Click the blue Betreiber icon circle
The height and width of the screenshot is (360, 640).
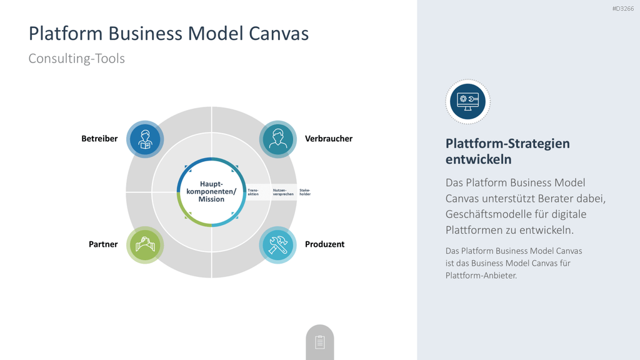(145, 139)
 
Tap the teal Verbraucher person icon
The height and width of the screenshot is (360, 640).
(278, 139)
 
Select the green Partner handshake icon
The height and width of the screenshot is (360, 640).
(145, 245)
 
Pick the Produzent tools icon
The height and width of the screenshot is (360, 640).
(278, 245)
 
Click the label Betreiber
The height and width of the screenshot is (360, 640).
(99, 139)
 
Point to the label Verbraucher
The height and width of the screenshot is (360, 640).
(329, 139)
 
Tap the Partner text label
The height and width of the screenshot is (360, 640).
(103, 244)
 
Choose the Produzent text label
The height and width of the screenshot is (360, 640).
(324, 244)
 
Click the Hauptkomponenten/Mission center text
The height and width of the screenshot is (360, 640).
(211, 191)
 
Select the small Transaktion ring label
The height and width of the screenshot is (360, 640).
(253, 192)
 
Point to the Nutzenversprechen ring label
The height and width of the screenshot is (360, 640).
(283, 192)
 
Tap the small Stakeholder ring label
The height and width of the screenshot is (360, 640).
(305, 192)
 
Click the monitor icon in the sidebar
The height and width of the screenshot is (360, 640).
(467, 102)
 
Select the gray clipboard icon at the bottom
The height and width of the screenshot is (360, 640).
(320, 342)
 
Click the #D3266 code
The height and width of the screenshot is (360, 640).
(623, 9)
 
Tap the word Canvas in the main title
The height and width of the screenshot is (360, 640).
(279, 34)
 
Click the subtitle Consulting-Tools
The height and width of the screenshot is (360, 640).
(76, 58)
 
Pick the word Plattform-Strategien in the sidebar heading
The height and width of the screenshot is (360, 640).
(507, 144)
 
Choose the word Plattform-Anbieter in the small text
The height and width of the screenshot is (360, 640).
(481, 276)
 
